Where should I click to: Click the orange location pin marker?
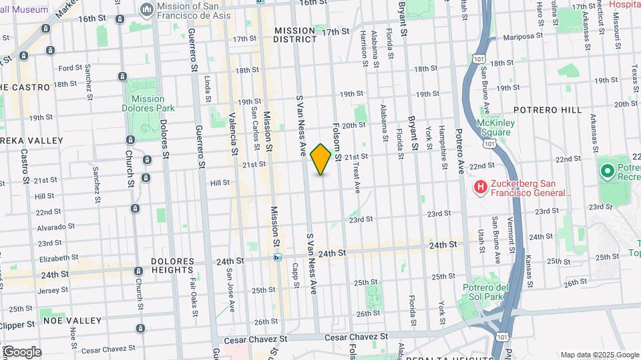click(320, 159)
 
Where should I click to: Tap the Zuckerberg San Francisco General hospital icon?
click(479, 188)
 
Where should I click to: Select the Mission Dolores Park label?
click(143, 103)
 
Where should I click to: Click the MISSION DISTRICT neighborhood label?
click(295, 35)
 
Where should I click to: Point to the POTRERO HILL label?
click(547, 110)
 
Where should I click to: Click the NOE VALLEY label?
click(73, 320)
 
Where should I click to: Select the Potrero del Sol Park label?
click(495, 291)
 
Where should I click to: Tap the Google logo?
click(21, 352)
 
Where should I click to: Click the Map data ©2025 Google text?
click(599, 355)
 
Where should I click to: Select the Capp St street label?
click(294, 274)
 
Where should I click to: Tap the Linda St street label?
click(208, 85)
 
